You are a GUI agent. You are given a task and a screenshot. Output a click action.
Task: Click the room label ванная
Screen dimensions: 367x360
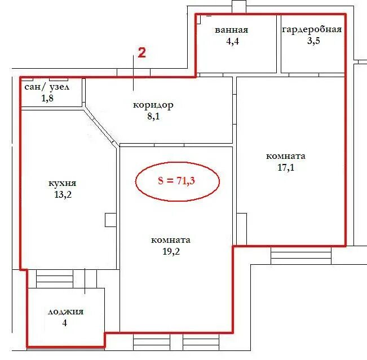pyautogui.click(x=231, y=30)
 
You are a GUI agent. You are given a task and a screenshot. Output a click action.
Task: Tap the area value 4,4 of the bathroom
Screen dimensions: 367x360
pyautogui.click(x=232, y=41)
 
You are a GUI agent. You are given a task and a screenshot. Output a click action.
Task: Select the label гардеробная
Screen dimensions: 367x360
pyautogui.click(x=312, y=30)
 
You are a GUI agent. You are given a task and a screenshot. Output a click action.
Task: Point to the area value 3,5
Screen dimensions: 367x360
pyautogui.click(x=313, y=41)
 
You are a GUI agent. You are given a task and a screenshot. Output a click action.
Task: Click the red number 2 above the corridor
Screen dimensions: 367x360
pyautogui.click(x=142, y=52)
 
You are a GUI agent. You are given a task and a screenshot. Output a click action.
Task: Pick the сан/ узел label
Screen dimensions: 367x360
pyautogui.click(x=47, y=87)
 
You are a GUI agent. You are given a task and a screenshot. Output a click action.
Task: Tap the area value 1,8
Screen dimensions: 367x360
pyautogui.click(x=47, y=98)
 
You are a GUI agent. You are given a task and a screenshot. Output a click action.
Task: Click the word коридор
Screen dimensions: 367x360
pyautogui.click(x=153, y=105)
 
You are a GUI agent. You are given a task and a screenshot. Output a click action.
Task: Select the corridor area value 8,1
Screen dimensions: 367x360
pyautogui.click(x=153, y=116)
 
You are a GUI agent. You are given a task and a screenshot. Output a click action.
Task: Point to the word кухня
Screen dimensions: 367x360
pyautogui.click(x=62, y=183)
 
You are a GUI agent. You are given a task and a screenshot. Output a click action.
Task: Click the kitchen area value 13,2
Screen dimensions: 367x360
pyautogui.click(x=63, y=194)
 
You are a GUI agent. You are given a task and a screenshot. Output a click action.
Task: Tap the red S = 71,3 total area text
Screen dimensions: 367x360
pyautogui.click(x=176, y=181)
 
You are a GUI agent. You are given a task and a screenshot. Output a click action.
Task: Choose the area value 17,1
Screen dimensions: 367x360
pyautogui.click(x=286, y=167)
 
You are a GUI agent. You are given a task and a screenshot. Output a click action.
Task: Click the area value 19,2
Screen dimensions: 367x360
pyautogui.click(x=171, y=252)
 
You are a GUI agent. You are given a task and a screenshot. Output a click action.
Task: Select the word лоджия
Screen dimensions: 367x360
pyautogui.click(x=65, y=312)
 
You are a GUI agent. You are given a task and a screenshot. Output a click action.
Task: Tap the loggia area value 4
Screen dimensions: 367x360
pyautogui.click(x=65, y=323)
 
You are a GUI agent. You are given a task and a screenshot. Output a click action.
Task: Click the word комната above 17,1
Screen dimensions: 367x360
pyautogui.click(x=286, y=156)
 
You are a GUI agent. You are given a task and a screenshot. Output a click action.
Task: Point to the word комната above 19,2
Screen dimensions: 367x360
pyautogui.click(x=171, y=240)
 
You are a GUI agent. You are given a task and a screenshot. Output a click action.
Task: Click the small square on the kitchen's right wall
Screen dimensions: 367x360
pyautogui.click(x=110, y=220)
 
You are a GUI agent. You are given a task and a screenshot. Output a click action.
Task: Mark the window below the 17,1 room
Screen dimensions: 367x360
pyautogui.click(x=301, y=255)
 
